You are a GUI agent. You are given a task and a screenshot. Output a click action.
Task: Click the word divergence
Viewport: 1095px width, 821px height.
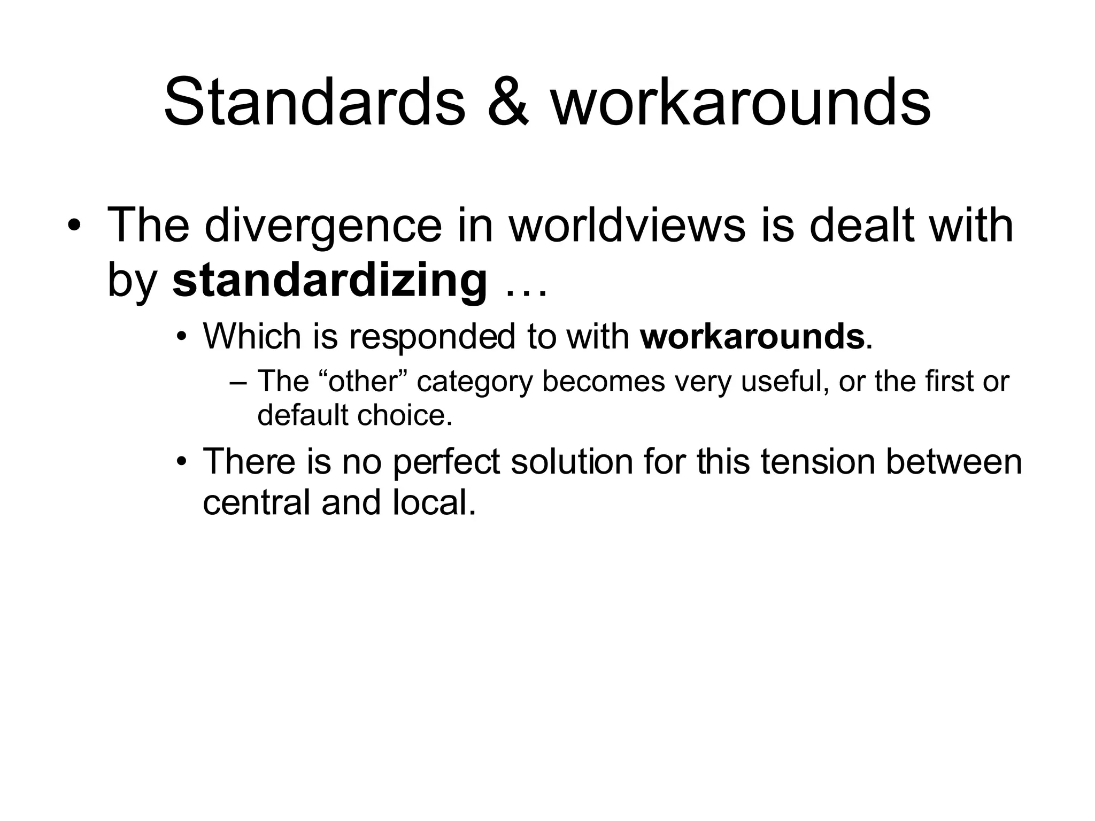click(323, 226)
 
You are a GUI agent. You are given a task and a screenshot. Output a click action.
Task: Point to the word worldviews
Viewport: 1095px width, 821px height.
click(627, 226)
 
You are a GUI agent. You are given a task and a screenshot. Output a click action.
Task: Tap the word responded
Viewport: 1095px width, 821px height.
click(434, 337)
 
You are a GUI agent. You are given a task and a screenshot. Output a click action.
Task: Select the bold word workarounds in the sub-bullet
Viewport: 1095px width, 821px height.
click(752, 337)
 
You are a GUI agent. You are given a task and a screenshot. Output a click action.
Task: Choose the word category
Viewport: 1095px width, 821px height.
click(475, 382)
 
